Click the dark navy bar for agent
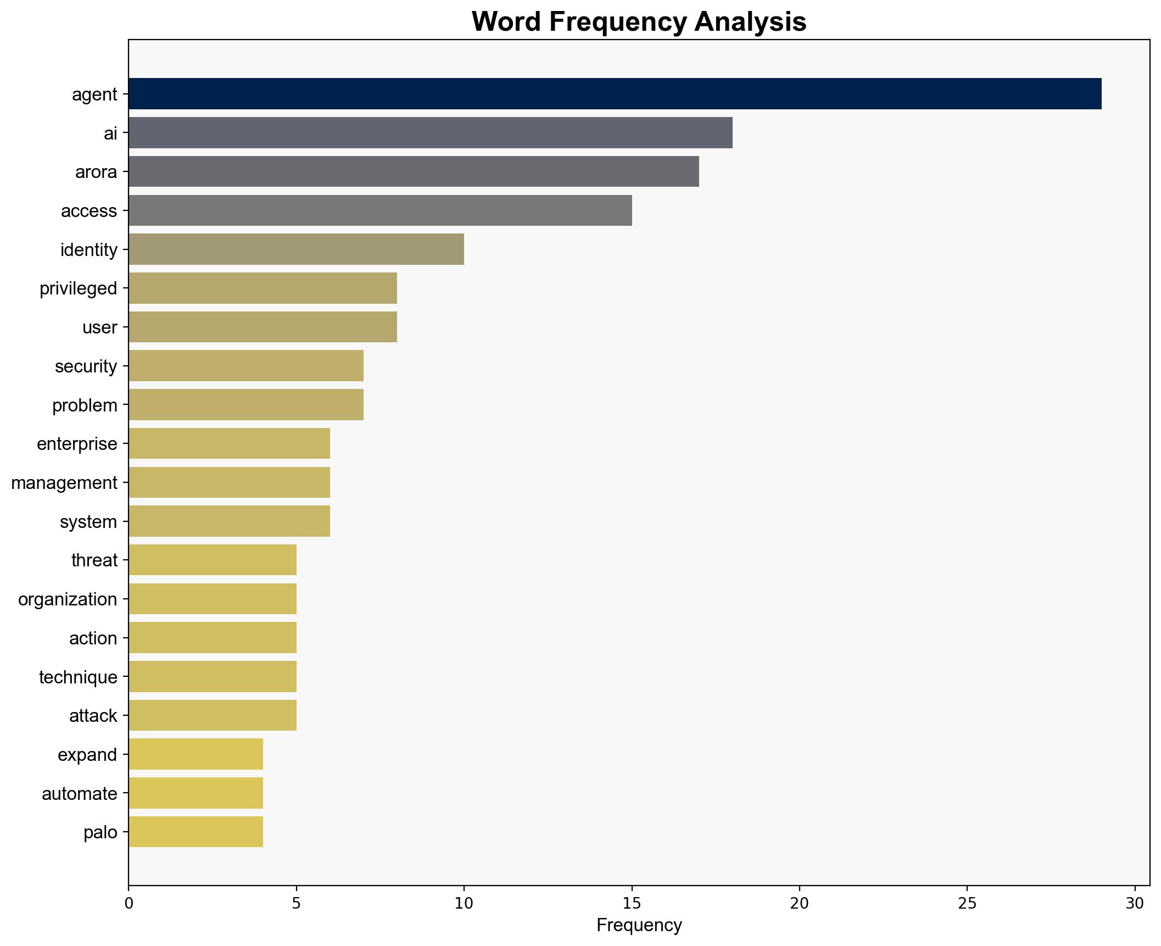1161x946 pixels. [x=615, y=94]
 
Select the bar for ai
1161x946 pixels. [x=430, y=133]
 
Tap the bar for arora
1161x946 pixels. [x=414, y=171]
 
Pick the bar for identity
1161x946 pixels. [x=296, y=249]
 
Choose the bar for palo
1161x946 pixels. [x=196, y=832]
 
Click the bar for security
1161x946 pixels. [x=245, y=366]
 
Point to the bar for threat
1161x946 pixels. [x=212, y=560]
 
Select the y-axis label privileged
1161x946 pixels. [x=78, y=288]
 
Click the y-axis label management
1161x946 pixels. [x=64, y=483]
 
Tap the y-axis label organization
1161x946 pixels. [x=68, y=599]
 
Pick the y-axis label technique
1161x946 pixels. [x=78, y=677]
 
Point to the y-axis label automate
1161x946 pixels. [x=79, y=794]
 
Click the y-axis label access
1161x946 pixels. [x=89, y=211]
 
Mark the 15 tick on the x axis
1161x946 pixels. [x=632, y=903]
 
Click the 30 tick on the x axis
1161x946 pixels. [x=1134, y=903]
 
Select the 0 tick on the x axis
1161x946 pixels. [x=129, y=903]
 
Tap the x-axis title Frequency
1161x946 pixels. [x=639, y=925]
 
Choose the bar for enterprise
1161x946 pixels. [x=229, y=443]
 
